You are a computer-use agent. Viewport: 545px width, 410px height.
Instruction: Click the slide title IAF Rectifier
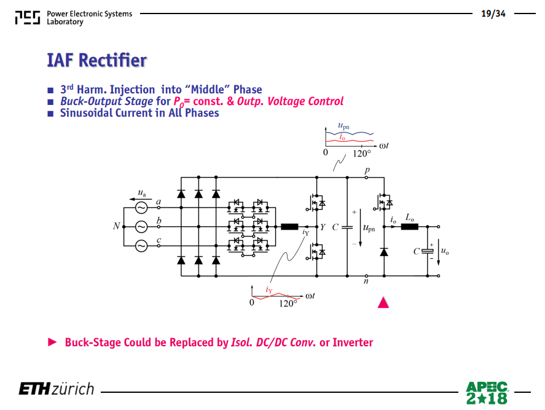tap(97, 60)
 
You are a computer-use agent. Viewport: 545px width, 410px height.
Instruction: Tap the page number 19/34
tap(493, 14)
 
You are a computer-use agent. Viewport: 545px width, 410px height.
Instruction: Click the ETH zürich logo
tap(57, 389)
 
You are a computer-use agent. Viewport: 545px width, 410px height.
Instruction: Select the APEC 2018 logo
tap(487, 393)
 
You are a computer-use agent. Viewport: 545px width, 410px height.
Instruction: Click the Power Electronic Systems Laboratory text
tap(89, 18)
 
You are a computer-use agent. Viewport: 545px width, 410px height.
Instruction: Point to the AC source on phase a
tap(141, 207)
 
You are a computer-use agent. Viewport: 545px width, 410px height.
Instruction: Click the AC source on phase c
tap(141, 246)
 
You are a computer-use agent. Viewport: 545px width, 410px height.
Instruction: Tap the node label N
tap(117, 226)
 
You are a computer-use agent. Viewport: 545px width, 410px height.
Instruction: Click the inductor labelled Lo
tap(409, 226)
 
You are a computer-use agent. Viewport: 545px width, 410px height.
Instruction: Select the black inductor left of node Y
tap(289, 226)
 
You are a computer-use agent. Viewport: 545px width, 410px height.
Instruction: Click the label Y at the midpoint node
tap(323, 227)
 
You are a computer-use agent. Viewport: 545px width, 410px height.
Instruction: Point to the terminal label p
tap(367, 170)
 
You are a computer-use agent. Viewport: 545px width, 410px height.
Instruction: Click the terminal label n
tap(366, 281)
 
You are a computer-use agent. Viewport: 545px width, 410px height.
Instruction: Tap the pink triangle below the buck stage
tap(383, 303)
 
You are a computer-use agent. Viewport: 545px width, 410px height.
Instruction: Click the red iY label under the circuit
tap(269, 290)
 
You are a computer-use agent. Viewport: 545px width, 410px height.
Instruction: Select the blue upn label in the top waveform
tap(343, 126)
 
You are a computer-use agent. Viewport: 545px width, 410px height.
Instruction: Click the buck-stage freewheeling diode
tap(384, 252)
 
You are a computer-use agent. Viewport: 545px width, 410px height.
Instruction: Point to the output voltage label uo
tap(445, 250)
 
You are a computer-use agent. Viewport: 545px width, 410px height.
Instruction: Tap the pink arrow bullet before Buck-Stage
tap(52, 342)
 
